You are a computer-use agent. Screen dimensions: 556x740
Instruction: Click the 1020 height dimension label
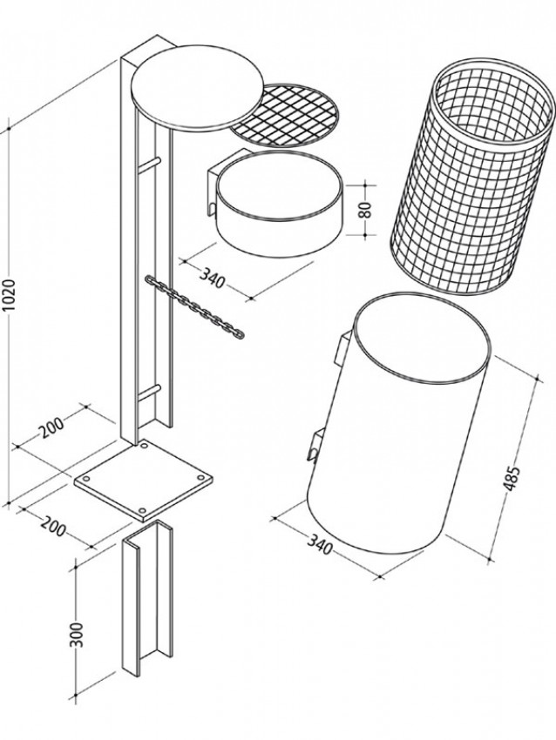pyautogui.click(x=10, y=296)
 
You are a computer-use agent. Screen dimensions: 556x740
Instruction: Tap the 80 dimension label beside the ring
pyautogui.click(x=366, y=209)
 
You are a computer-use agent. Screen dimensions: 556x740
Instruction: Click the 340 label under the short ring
pyautogui.click(x=211, y=278)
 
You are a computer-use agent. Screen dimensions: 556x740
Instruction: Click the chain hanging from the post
pyautogui.click(x=195, y=306)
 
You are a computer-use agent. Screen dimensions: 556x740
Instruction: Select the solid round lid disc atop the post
pyautogui.click(x=198, y=88)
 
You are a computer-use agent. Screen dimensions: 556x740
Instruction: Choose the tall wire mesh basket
pyautogui.click(x=471, y=176)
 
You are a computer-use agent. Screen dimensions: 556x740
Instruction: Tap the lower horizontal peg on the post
pyautogui.click(x=149, y=393)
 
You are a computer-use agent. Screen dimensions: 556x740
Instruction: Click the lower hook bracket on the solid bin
pyautogui.click(x=315, y=445)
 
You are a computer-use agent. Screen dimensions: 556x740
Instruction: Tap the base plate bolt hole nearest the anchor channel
pyautogui.click(x=142, y=511)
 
